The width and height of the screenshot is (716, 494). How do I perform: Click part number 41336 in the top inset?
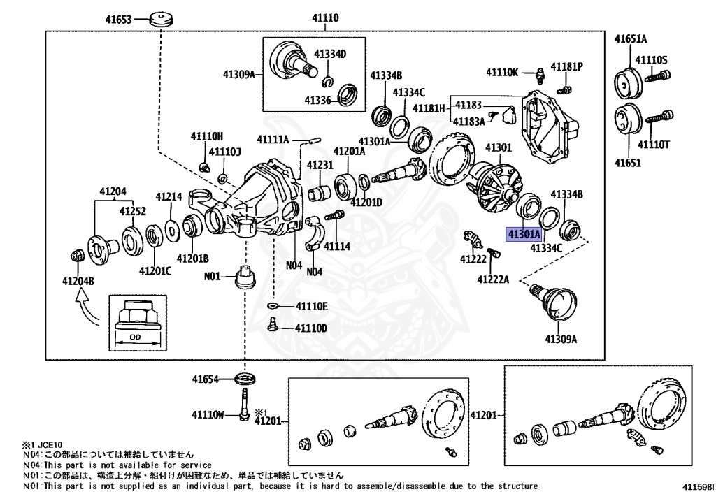pos(318,100)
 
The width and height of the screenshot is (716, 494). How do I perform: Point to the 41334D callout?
pos(330,54)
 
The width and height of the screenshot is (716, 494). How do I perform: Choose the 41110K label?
pos(503,71)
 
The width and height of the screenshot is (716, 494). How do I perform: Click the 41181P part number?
pos(566,67)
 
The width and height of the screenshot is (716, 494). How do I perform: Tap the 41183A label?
pos(468,122)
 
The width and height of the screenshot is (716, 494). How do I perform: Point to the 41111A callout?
pos(273,139)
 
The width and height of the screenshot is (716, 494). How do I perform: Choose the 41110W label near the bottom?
pos(207,415)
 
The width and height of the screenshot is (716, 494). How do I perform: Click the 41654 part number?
pos(207,380)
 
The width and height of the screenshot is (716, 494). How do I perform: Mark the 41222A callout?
pos(494,279)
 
